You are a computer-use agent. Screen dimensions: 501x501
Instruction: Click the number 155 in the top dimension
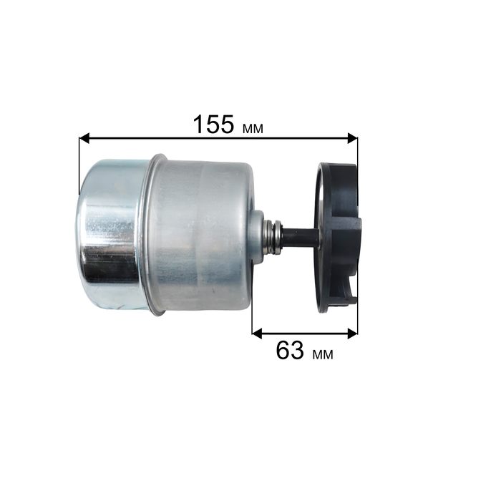[x=213, y=125]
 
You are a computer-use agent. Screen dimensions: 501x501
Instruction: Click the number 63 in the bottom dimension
[x=290, y=350]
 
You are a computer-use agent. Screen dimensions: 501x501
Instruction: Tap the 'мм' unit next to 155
[x=253, y=128]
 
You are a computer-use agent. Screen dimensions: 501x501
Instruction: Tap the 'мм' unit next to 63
[x=323, y=354]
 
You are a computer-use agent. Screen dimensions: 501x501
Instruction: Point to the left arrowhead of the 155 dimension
[x=84, y=138]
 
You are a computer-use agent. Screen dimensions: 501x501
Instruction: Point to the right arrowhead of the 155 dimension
[x=352, y=138]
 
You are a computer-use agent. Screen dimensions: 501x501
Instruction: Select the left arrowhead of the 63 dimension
[x=257, y=334]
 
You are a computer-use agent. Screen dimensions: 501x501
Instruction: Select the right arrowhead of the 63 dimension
[x=352, y=334]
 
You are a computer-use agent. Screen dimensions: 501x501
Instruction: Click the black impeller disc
[x=338, y=238]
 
